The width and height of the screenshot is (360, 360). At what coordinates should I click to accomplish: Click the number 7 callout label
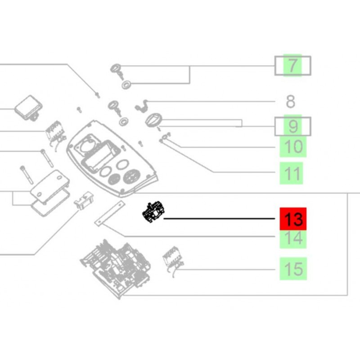(292, 65)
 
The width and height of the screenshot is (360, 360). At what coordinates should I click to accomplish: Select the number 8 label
(290, 102)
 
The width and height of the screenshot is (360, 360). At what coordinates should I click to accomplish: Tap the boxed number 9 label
(293, 126)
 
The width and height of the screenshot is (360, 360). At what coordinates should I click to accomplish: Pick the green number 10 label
(293, 147)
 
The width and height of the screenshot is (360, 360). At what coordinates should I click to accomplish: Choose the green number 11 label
(291, 173)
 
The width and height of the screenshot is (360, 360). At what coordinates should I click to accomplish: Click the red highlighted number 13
(293, 219)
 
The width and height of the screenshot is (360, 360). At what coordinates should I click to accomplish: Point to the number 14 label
(293, 238)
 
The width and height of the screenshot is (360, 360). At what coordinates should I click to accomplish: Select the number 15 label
(293, 269)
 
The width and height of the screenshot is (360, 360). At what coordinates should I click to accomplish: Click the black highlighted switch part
(153, 211)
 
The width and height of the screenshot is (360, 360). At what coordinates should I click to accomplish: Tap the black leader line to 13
(219, 219)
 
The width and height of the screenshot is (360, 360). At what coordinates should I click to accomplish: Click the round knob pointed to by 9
(153, 120)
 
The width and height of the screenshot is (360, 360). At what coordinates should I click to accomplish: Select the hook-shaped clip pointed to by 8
(141, 106)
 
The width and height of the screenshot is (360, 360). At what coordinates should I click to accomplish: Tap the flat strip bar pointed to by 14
(110, 213)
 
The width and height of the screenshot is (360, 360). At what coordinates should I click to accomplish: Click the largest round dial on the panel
(132, 176)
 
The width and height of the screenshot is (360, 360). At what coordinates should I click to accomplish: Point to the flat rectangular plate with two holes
(50, 186)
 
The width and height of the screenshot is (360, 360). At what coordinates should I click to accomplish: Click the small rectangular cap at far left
(28, 108)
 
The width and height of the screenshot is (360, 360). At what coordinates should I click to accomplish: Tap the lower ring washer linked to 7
(126, 85)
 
